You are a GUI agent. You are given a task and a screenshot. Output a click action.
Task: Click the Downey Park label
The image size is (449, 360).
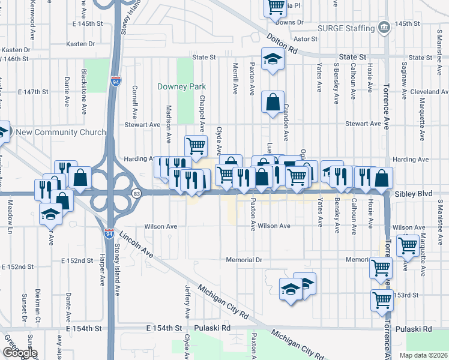[x=181, y=86]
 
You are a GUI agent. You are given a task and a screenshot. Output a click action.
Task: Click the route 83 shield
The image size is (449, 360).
[x=137, y=193]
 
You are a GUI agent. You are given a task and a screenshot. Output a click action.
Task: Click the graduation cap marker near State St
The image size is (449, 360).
[x=273, y=59]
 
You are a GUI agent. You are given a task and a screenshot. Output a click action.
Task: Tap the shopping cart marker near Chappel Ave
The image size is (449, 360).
[x=196, y=145]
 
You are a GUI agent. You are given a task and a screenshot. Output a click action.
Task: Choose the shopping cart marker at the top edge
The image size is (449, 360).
[x=275, y=7]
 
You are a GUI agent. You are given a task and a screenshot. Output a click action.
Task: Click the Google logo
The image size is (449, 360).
[x=19, y=353]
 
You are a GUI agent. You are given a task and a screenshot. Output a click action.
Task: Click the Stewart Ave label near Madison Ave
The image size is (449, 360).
[x=142, y=125]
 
